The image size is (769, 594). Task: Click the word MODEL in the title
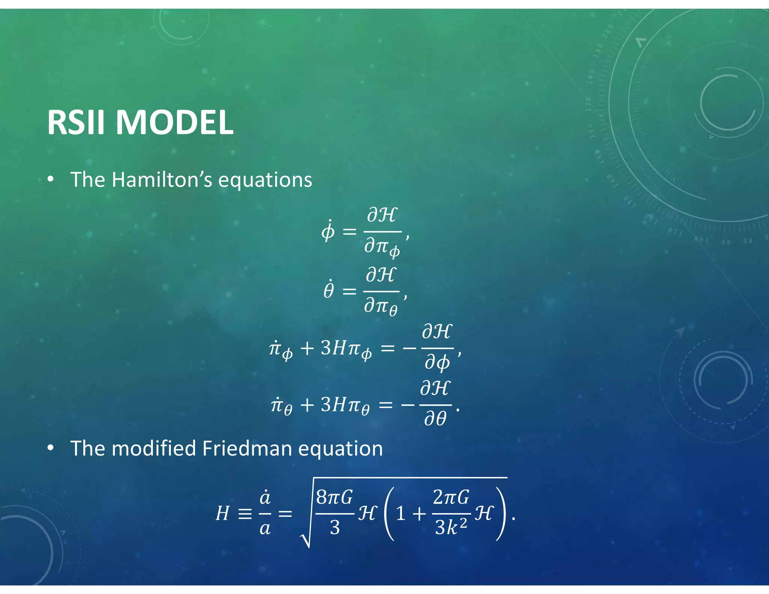(174, 122)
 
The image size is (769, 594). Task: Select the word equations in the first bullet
(265, 180)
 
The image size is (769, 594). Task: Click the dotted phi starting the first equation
(328, 231)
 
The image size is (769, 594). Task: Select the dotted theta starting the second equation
(329, 290)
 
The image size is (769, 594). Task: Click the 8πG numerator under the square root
(334, 498)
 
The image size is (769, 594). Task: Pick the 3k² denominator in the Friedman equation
(451, 528)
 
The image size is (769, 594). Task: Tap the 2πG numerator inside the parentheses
(451, 498)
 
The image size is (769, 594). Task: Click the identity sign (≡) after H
(245, 514)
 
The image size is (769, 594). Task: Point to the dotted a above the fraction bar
(265, 498)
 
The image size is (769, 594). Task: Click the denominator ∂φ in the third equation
(437, 363)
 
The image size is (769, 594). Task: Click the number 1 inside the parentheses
(401, 514)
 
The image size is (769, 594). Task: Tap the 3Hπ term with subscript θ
(345, 406)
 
